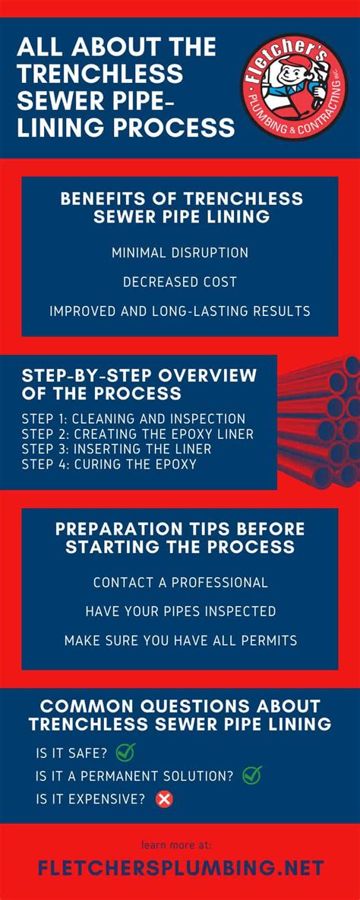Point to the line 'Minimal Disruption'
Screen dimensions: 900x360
click(x=180, y=252)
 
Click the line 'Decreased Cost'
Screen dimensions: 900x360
click(x=180, y=282)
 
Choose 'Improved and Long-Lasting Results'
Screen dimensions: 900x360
click(x=180, y=311)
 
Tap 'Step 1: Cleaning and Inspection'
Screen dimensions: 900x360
click(x=134, y=418)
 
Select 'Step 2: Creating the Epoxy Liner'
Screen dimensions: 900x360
click(x=137, y=434)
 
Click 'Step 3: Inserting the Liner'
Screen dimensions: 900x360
click(x=117, y=449)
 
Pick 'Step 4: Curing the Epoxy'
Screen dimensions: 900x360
click(x=109, y=464)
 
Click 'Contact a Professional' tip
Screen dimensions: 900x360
click(x=180, y=583)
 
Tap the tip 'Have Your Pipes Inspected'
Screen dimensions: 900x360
click(x=180, y=611)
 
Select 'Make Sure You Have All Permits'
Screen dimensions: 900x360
click(x=180, y=640)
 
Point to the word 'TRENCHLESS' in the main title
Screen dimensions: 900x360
click(x=100, y=74)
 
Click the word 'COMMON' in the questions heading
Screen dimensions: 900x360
click(x=76, y=706)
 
